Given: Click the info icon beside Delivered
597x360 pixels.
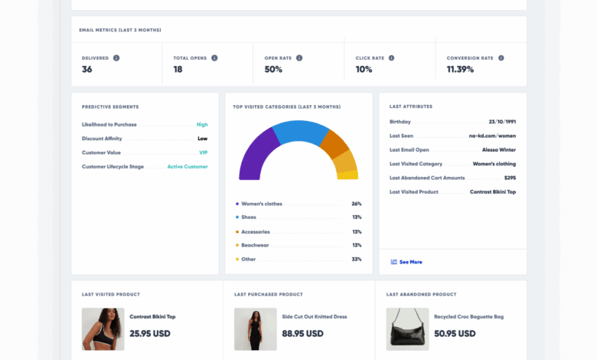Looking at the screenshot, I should coord(116,57).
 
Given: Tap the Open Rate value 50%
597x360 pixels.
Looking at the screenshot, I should coord(273,70).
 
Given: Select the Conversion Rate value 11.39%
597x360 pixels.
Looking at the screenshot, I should coord(460,70).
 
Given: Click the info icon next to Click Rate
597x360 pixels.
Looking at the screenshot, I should coord(391,57).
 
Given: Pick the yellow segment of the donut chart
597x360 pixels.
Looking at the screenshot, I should coord(347,175).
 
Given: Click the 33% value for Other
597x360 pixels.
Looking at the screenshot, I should coord(356,259).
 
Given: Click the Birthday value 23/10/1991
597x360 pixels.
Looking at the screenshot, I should coord(502,122).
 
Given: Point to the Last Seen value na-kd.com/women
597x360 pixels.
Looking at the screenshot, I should coord(492,136).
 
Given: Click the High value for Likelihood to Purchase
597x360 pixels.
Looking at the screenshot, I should coord(202,124).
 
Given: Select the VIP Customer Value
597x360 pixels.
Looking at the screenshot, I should coord(204,152).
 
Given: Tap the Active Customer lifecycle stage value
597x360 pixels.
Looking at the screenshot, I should coord(188,166).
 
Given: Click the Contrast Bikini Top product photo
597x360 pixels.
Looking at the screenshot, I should coord(103,329).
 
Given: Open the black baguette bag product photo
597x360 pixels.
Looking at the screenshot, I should coord(407,329).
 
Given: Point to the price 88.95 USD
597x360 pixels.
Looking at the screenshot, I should coord(303,334).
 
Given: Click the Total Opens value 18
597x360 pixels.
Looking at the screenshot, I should coord(178,70).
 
